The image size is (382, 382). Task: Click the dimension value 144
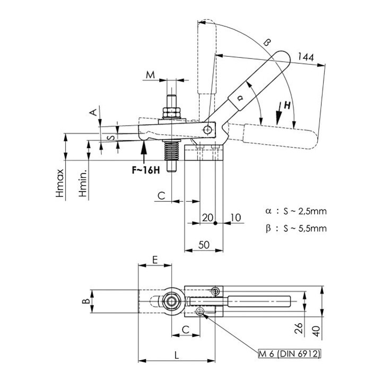(306, 57)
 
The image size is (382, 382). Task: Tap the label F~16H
(146, 170)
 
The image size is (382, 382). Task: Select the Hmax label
(60, 183)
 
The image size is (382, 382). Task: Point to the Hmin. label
(83, 183)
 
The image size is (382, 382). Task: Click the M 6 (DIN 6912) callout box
(290, 353)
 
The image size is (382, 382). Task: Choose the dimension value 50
(204, 245)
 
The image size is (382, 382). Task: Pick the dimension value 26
(299, 328)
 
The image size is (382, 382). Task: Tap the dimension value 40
(316, 331)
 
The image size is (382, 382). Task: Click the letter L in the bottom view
(177, 355)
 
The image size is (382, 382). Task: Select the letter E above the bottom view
(155, 260)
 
